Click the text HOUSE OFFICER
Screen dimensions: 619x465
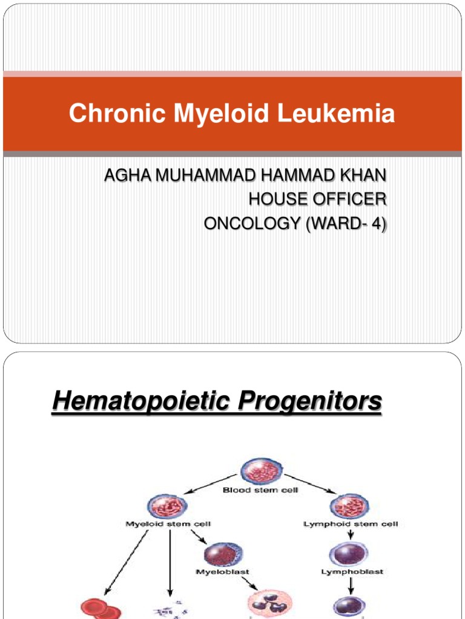317,199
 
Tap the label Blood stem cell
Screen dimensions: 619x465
260,490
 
